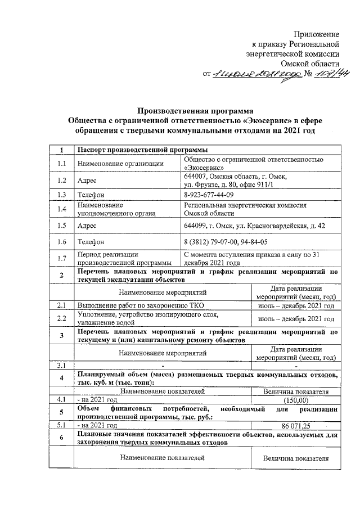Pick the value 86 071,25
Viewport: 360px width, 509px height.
(295, 426)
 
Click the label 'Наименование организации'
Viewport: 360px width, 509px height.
(120, 163)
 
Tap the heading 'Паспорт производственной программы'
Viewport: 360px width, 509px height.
(142, 150)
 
